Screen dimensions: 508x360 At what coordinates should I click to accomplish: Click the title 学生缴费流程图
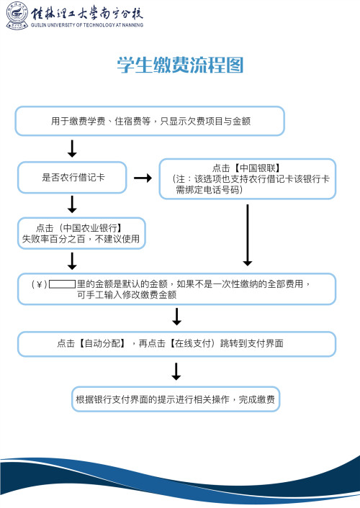(180, 66)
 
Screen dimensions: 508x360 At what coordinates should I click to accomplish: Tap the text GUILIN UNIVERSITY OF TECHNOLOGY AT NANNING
(87, 25)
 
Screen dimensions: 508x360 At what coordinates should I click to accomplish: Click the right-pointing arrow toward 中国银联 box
(143, 178)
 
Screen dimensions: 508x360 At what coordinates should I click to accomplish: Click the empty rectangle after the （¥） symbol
(63, 284)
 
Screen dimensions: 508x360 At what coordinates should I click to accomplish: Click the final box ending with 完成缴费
(176, 399)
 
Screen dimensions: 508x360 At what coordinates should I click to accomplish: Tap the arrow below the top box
(72, 148)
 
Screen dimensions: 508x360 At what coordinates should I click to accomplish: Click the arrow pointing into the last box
(176, 371)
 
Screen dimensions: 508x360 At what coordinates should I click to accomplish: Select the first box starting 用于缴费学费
(150, 122)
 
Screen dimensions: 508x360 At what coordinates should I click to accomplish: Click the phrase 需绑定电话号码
(209, 190)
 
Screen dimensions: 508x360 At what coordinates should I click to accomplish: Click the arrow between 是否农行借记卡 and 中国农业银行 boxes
(72, 204)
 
